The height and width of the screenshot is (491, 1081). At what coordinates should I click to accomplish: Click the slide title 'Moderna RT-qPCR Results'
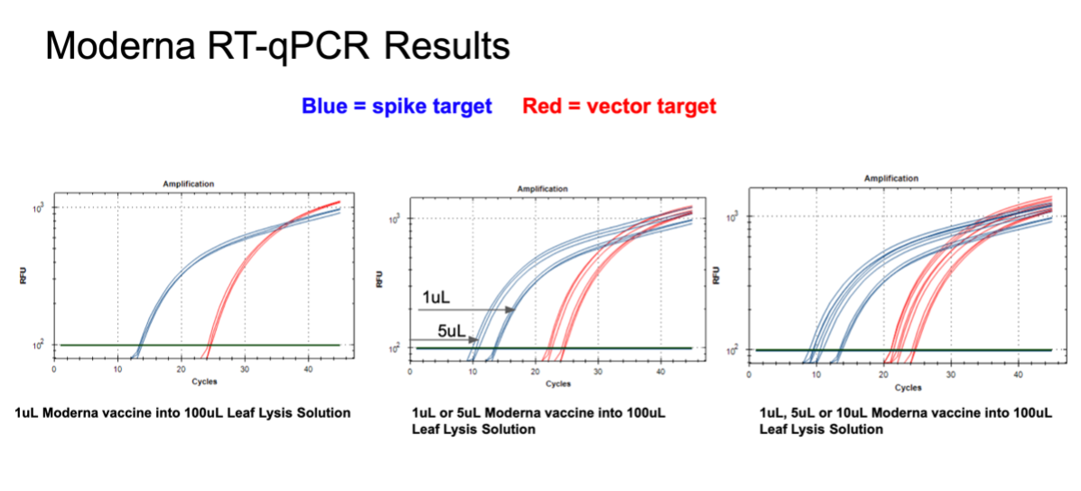click(x=277, y=46)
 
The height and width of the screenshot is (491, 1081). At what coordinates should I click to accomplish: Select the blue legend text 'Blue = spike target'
click(x=396, y=107)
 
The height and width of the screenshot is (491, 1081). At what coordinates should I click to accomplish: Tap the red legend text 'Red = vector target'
click(x=619, y=107)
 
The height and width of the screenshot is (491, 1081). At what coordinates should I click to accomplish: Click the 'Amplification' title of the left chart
click(x=188, y=184)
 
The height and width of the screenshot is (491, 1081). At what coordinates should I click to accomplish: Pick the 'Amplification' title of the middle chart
click(x=542, y=189)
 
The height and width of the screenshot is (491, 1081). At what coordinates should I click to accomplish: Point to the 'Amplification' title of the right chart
click(x=891, y=179)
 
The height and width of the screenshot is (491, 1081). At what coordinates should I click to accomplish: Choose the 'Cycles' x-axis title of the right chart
click(x=908, y=387)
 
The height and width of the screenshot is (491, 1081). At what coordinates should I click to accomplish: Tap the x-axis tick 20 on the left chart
click(x=182, y=370)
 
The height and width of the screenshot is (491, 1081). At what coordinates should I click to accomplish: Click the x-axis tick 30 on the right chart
click(x=950, y=374)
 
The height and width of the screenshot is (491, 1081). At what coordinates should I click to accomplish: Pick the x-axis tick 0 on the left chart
click(x=54, y=370)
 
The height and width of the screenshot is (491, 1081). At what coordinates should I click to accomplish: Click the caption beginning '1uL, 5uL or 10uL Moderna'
click(x=905, y=420)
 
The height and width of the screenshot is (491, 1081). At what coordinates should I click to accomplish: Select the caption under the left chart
click(x=182, y=413)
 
